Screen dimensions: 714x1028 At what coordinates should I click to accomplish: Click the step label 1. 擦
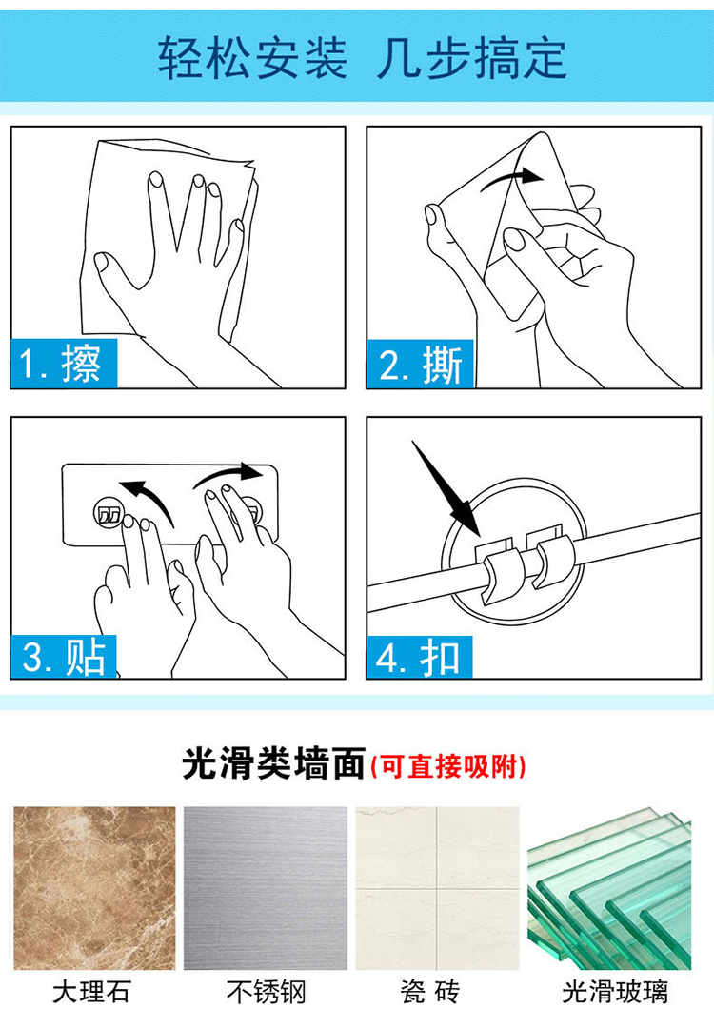64,364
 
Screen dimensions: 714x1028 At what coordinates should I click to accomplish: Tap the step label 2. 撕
420,364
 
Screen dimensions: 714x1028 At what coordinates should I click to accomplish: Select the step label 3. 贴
64,656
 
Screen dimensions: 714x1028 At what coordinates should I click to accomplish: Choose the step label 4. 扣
420,658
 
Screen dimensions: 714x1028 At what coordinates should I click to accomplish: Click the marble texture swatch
94,888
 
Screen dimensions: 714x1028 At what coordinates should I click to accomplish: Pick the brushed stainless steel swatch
266,888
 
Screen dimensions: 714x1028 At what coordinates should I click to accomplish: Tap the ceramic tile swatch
437,888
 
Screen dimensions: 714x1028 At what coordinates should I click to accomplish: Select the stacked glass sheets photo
609,888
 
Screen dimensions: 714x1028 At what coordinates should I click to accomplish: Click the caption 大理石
91,992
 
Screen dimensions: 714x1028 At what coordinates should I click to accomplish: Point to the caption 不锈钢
267,992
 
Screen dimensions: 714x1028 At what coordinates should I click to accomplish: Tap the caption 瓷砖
430,992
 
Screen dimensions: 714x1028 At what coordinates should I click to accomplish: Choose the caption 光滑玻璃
615,992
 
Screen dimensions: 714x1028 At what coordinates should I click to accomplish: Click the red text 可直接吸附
449,765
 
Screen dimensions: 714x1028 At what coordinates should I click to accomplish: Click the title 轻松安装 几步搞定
362,58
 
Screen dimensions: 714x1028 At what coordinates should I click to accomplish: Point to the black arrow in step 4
446,486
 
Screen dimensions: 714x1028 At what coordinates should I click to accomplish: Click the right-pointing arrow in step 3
228,474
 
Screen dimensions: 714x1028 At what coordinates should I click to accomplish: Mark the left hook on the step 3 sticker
108,513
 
